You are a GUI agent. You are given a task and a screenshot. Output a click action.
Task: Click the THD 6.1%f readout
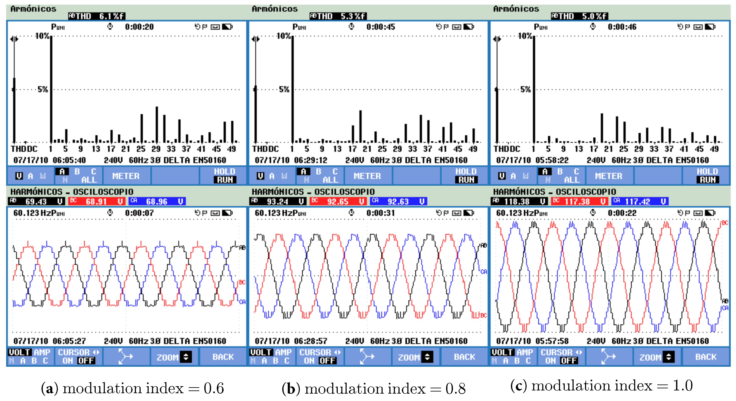pos(97,16)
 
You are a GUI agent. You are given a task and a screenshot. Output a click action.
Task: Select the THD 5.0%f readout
pos(580,16)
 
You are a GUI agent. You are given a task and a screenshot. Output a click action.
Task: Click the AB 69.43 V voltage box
pos(36,201)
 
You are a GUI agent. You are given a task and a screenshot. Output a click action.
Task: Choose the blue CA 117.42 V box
pos(639,201)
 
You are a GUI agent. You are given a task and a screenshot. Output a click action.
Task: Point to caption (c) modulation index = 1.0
pos(601,386)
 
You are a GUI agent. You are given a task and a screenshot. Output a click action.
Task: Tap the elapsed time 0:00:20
pos(139,27)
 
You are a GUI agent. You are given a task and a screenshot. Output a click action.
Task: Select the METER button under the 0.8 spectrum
pos(367,176)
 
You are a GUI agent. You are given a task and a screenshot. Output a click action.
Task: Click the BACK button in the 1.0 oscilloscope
pos(706,357)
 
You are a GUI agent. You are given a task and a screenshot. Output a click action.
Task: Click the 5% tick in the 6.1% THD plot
pos(43,89)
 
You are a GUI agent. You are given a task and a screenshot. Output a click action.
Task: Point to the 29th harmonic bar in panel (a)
pos(156,125)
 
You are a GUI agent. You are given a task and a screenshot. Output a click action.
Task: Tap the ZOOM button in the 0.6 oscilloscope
pos(173,357)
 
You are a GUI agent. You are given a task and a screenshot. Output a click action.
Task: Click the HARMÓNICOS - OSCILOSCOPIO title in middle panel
pos(313,191)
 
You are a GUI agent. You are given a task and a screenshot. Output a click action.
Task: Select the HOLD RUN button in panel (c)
pos(707,176)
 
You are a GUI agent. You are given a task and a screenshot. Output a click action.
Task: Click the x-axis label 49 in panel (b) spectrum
pos(473,149)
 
